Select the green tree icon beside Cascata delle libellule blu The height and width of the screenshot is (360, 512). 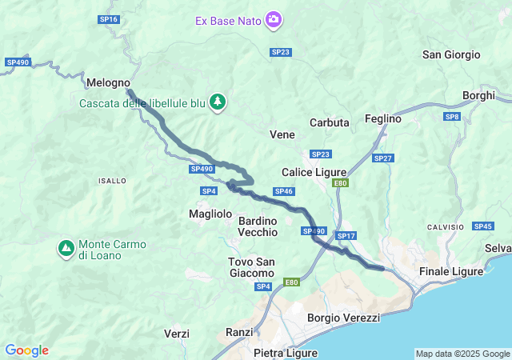218,102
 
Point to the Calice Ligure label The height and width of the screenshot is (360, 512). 314,172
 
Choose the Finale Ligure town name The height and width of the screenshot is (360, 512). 451,271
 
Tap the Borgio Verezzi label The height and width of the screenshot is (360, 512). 343,318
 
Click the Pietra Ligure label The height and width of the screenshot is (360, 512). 285,352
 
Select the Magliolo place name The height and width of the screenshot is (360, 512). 210,214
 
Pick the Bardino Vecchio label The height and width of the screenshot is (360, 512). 258,226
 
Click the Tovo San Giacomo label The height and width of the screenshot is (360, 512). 251,267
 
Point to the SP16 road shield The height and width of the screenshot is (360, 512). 109,19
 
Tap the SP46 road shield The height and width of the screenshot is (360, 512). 284,191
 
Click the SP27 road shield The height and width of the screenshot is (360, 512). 383,158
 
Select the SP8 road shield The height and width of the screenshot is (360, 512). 453,117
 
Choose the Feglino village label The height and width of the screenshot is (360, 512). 382,118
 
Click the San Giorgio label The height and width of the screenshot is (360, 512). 451,54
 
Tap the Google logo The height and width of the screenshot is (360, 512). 26,350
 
